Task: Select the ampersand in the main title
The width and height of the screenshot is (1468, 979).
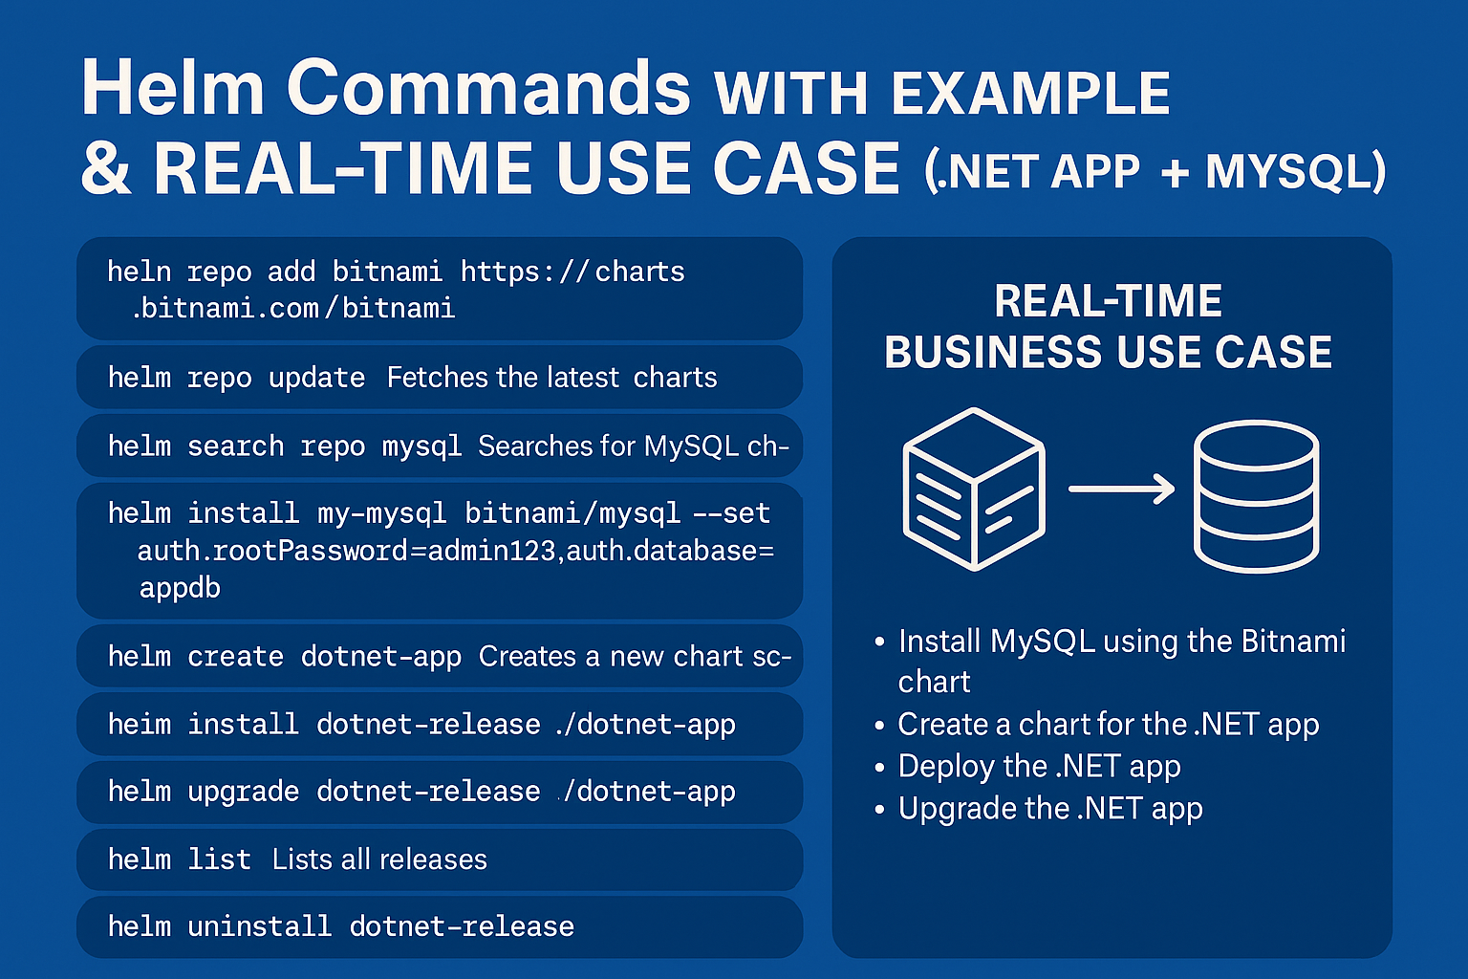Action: pos(105,169)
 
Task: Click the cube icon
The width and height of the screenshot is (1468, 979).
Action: pos(974,489)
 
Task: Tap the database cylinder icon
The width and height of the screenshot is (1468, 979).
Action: pos(1256,497)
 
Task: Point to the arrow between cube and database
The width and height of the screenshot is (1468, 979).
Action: pos(1121,489)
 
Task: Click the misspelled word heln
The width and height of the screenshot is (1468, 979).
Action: pos(139,272)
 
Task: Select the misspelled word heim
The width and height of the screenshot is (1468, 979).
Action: pos(139,725)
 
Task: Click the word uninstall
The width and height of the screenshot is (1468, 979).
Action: pos(259,926)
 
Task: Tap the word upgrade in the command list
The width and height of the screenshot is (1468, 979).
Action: pos(243,793)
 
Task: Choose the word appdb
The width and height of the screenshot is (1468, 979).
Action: pos(180,587)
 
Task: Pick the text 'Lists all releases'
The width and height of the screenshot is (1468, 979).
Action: pos(379,859)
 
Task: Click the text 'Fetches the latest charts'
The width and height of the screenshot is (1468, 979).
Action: pos(551,378)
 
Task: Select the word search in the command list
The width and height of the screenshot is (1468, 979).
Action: pos(235,446)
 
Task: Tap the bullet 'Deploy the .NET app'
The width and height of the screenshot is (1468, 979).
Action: pos(1039,767)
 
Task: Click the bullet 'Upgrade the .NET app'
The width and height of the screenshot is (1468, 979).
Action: pos(1049,809)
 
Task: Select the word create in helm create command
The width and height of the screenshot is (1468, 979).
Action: pos(235,657)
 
